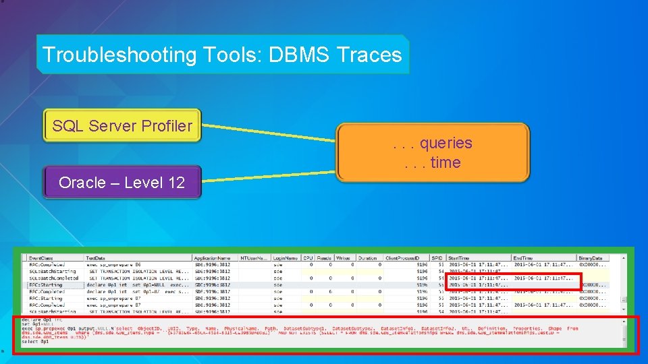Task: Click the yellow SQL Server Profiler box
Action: pos(122,126)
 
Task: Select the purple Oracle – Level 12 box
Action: pos(122,183)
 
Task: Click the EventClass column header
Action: pos(42,258)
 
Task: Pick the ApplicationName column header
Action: pos(213,258)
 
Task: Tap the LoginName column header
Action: pos(286,258)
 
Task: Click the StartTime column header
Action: pos(460,258)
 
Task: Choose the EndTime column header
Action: pos(524,258)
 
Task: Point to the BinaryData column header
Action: pos(591,258)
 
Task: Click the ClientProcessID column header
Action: pos(402,258)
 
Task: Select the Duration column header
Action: pos(368,258)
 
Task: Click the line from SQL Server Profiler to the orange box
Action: pos(270,133)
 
